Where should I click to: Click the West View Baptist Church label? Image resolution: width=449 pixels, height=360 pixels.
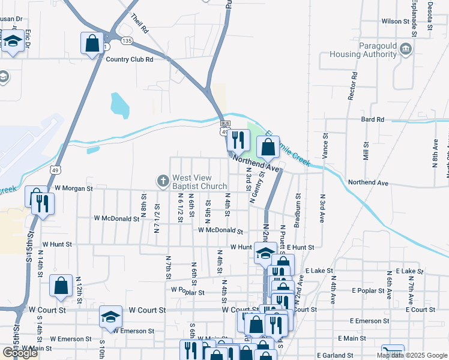pyautogui.click(x=199, y=182)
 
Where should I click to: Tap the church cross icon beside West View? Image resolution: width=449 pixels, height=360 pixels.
pyautogui.click(x=162, y=181)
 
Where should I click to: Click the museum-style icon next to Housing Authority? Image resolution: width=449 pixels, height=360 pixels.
pyautogui.click(x=406, y=49)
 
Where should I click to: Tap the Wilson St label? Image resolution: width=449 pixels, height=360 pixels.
pyautogui.click(x=395, y=21)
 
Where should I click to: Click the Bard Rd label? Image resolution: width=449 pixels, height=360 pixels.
pyautogui.click(x=372, y=120)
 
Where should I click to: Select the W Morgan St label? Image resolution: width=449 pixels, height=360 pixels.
pyautogui.click(x=73, y=188)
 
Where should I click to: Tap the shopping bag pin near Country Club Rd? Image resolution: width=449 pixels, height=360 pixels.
pyautogui.click(x=92, y=43)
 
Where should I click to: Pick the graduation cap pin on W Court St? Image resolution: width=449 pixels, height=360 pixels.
pyautogui.click(x=110, y=316)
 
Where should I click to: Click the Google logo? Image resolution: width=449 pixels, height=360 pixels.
pyautogui.click(x=20, y=353)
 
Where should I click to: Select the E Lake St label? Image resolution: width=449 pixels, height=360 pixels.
pyautogui.click(x=318, y=271)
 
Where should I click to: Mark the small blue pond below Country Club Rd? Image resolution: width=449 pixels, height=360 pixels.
pyautogui.click(x=119, y=105)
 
